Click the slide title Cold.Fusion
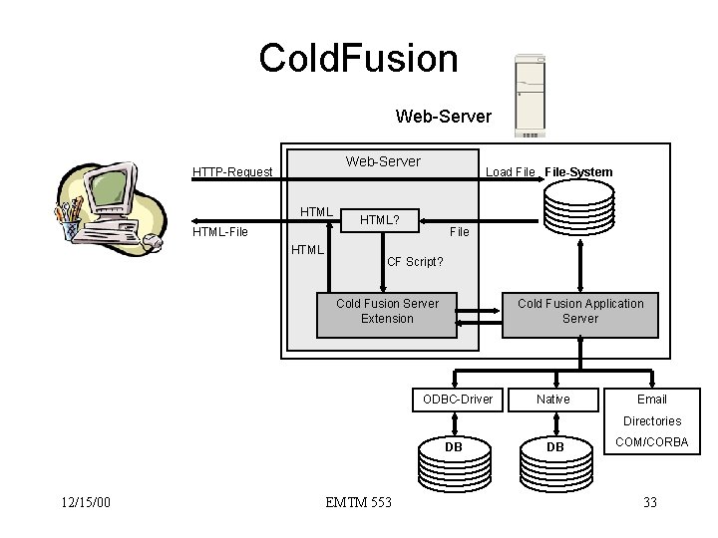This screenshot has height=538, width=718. [358, 58]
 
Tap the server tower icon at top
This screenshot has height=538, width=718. [530, 96]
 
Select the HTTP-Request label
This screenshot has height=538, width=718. [232, 172]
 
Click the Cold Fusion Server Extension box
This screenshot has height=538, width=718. [387, 311]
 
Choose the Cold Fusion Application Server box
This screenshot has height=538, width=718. [579, 311]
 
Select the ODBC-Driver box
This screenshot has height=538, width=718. [458, 400]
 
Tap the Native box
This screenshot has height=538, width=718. [553, 400]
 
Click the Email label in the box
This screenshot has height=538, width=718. [651, 400]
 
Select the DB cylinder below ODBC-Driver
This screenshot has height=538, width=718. [453, 461]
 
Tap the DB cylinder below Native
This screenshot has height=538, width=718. [554, 461]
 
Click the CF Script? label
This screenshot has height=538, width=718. [415, 263]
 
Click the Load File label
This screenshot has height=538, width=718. [510, 172]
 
